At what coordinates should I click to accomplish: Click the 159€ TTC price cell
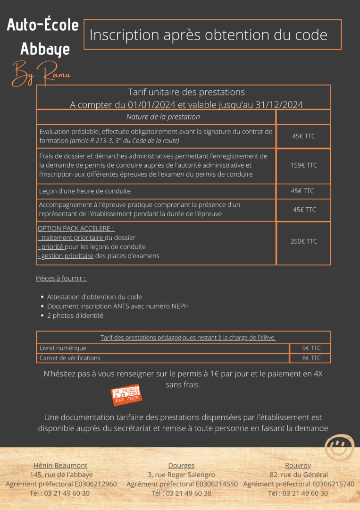(x=303, y=165)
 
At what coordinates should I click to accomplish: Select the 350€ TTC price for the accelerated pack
(x=303, y=241)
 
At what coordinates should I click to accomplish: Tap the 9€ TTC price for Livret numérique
(x=311, y=348)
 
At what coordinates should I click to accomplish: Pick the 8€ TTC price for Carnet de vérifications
(x=311, y=358)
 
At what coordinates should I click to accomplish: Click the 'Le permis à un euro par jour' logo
(x=126, y=395)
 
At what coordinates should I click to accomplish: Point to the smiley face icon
(x=339, y=446)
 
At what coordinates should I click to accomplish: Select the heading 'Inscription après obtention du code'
(x=208, y=35)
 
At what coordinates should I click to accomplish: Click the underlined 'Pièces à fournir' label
(x=61, y=278)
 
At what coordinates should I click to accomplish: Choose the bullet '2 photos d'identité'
(x=75, y=315)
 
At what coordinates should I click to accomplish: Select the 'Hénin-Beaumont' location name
(x=60, y=465)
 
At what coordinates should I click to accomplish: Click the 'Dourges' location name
(x=181, y=465)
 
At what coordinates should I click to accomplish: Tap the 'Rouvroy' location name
(x=298, y=465)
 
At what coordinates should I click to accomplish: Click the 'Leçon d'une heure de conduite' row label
(x=85, y=191)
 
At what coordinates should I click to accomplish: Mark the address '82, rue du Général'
(x=298, y=475)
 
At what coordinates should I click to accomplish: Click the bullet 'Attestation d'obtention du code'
(x=94, y=297)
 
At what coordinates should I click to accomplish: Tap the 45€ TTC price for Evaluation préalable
(x=303, y=136)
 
